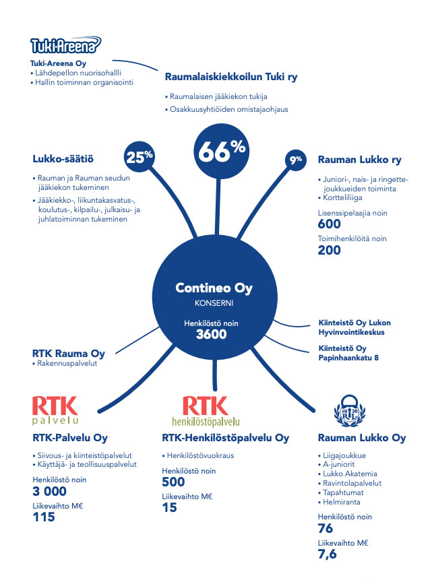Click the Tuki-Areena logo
(65, 45)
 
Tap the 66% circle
(220, 152)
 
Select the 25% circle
(140, 158)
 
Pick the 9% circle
(296, 160)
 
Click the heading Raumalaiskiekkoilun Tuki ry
(231, 77)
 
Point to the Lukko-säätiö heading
(63, 160)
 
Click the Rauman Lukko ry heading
(359, 160)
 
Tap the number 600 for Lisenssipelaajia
(329, 224)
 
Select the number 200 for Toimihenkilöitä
(329, 250)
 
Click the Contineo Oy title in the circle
(214, 288)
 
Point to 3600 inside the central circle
(211, 335)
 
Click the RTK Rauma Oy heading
(69, 354)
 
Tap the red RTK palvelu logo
(55, 412)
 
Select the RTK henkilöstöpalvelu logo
(210, 412)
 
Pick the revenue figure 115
(43, 518)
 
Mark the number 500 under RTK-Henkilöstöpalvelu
(174, 482)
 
